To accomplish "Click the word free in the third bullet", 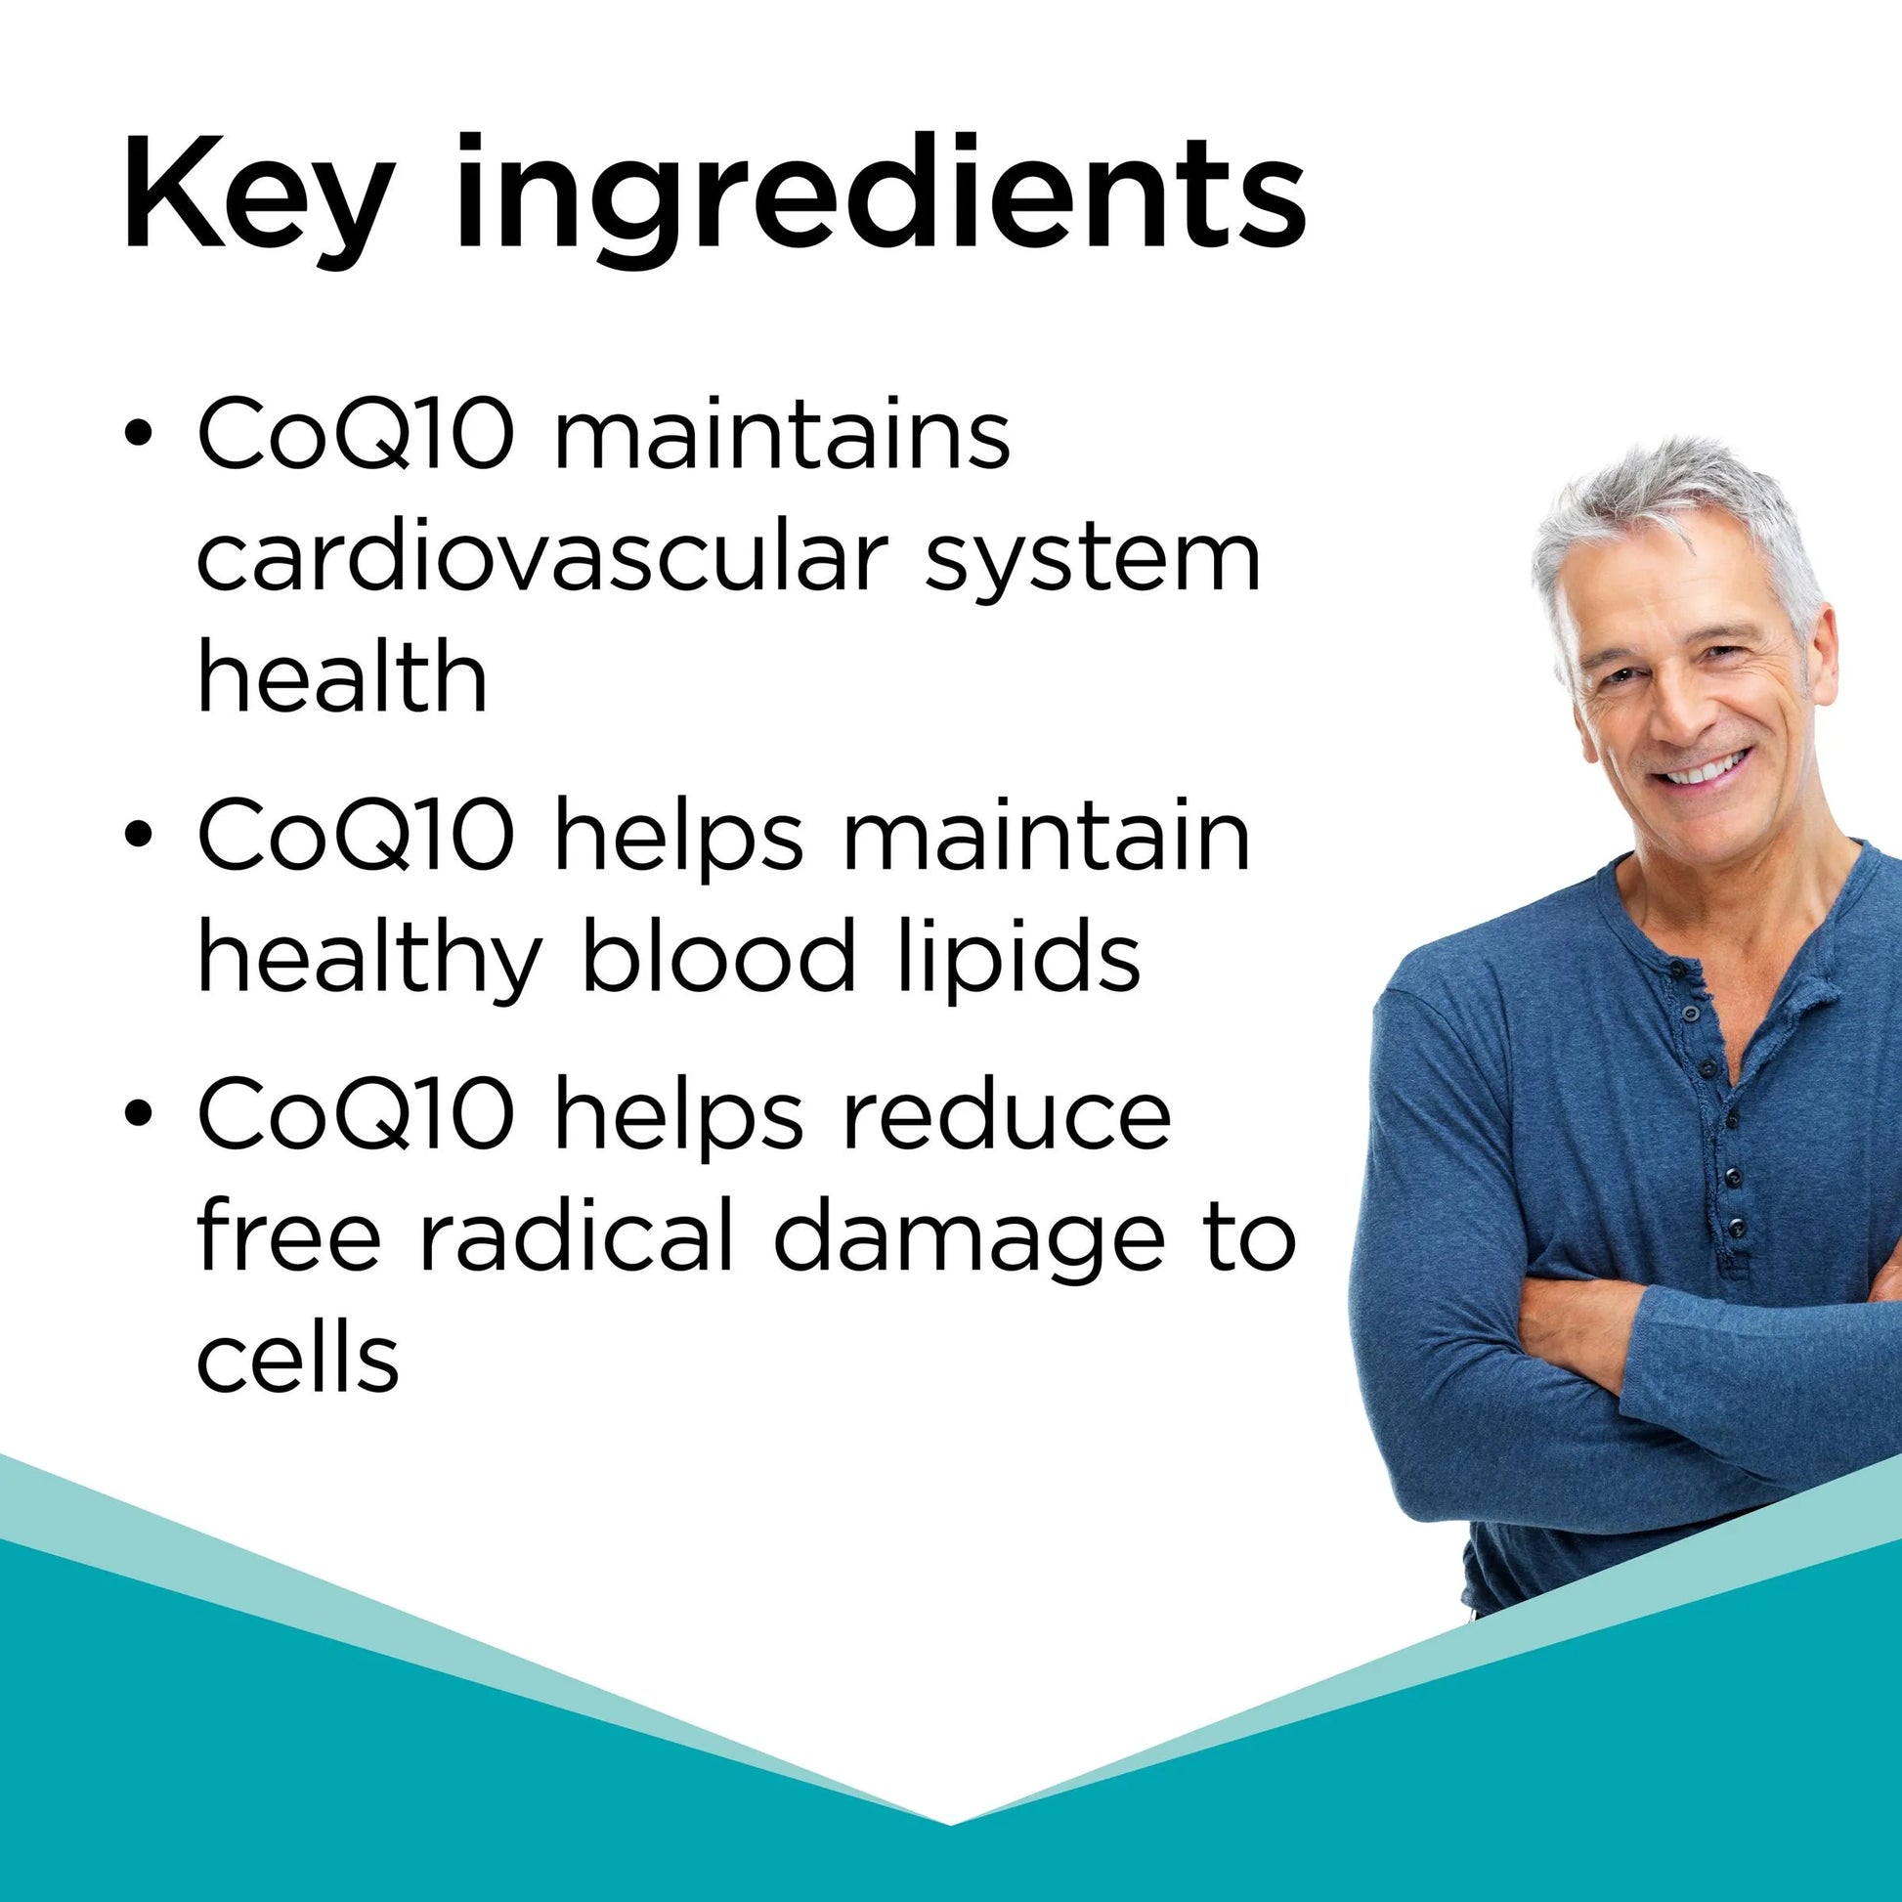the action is point(288,1233).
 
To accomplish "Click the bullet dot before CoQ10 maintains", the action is point(139,435).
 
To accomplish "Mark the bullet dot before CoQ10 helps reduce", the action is point(139,1112).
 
